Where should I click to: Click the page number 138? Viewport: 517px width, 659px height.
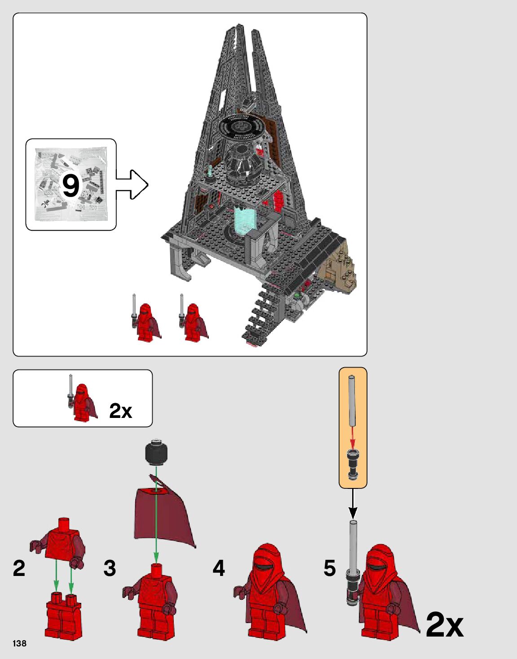click(19, 643)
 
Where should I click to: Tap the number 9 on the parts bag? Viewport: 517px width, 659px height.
click(71, 185)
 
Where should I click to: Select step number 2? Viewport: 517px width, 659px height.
click(19, 568)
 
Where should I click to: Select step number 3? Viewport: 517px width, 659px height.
click(110, 568)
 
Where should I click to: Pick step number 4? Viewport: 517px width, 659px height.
click(219, 568)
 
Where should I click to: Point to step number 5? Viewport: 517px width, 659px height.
click(330, 568)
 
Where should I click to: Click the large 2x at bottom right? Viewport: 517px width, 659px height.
click(444, 624)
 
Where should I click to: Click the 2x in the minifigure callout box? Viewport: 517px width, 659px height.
click(120, 411)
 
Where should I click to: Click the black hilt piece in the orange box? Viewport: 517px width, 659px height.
click(353, 464)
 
